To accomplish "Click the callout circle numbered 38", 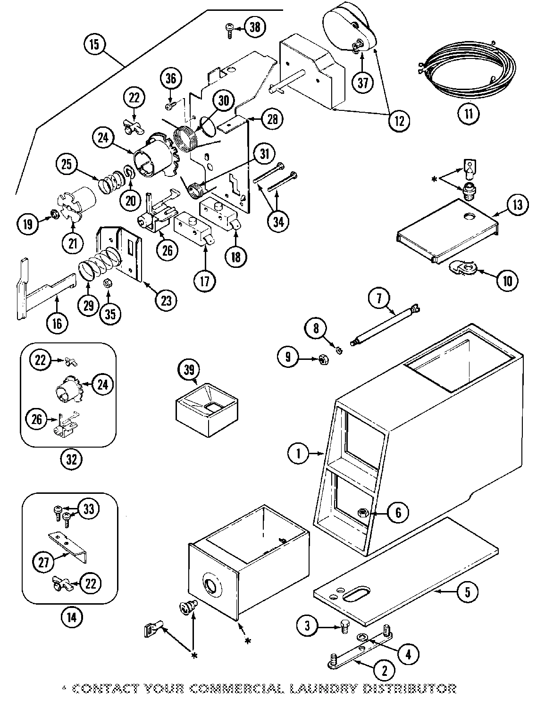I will coord(254,28).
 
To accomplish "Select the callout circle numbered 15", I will coord(94,45).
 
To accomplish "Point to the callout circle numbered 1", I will coord(298,454).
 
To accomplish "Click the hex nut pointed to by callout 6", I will coord(364,512).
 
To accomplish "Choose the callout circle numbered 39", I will coord(189,370).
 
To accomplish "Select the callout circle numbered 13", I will coord(518,205).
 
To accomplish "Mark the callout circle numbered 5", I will coord(467,592).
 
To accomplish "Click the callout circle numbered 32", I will coord(71,459).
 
